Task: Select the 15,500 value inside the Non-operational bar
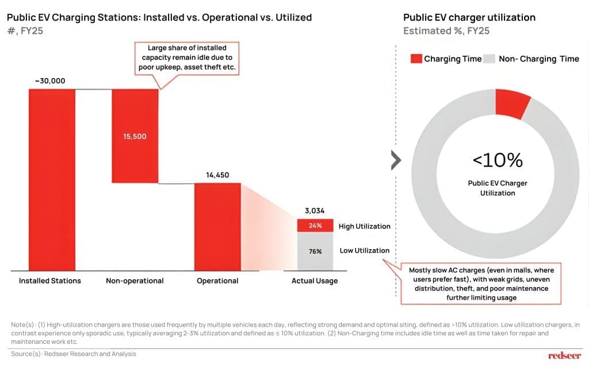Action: [135, 137]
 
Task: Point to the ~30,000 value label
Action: [50, 81]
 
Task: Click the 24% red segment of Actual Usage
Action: [315, 226]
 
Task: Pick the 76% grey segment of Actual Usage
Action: [315, 251]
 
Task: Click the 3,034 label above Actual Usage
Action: [315, 211]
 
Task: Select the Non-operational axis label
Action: [135, 281]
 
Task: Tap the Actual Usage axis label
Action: [315, 281]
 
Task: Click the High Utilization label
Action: [364, 226]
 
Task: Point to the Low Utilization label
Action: [364, 250]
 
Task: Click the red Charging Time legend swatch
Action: [415, 59]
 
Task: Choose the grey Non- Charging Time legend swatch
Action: [489, 59]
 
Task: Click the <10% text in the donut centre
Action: [498, 160]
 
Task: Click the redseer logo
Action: [564, 356]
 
